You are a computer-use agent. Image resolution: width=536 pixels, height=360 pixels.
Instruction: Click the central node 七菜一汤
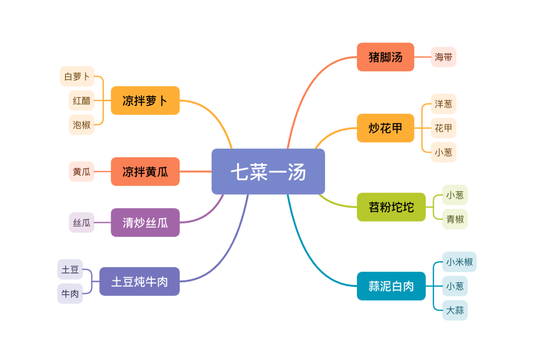click(268, 172)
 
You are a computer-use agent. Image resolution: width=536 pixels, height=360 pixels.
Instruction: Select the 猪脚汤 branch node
click(385, 57)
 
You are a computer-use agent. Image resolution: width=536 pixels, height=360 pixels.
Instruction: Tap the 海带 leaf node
click(443, 57)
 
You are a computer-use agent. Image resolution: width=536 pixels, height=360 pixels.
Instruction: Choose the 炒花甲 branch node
click(385, 128)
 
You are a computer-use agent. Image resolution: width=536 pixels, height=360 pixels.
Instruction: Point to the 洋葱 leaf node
click(443, 104)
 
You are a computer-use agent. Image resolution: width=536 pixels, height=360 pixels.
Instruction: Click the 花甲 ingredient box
click(443, 128)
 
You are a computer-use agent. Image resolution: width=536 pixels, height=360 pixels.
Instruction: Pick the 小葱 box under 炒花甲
click(443, 152)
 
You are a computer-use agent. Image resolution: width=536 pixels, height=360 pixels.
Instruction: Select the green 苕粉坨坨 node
click(391, 207)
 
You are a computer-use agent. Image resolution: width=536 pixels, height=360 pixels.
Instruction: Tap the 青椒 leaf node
click(455, 219)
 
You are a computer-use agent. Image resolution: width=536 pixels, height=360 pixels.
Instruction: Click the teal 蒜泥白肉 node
click(391, 286)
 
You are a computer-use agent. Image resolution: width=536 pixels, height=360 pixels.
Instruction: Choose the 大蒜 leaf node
click(455, 310)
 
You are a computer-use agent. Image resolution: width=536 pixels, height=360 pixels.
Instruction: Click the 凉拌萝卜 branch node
click(145, 101)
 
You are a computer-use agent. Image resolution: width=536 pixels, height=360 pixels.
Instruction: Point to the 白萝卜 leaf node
click(77, 76)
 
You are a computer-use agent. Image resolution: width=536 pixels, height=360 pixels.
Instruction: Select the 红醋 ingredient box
click(81, 101)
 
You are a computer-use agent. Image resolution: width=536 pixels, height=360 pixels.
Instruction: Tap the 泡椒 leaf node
click(81, 124)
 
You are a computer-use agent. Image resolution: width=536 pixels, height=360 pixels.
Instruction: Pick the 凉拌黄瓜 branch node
click(145, 172)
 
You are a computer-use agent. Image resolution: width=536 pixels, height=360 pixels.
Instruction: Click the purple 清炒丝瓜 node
click(145, 223)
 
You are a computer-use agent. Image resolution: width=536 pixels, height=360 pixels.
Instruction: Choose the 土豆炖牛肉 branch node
click(139, 282)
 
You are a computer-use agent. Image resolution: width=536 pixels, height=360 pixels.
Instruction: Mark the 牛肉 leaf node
click(70, 294)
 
